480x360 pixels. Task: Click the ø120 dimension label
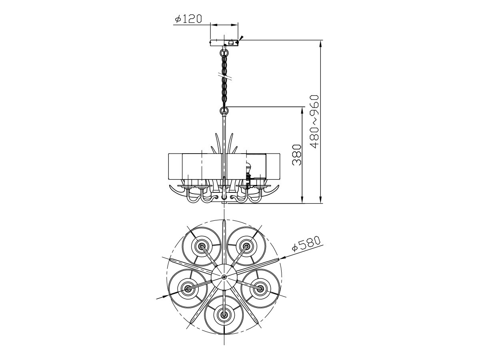[x=188, y=19]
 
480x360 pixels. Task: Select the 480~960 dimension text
[x=314, y=122]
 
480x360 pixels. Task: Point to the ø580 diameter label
[x=306, y=243]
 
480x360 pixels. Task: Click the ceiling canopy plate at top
[x=224, y=43]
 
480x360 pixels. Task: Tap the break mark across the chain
[x=224, y=77]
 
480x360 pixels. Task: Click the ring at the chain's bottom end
[x=224, y=110]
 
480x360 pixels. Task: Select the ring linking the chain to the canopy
[x=224, y=53]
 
